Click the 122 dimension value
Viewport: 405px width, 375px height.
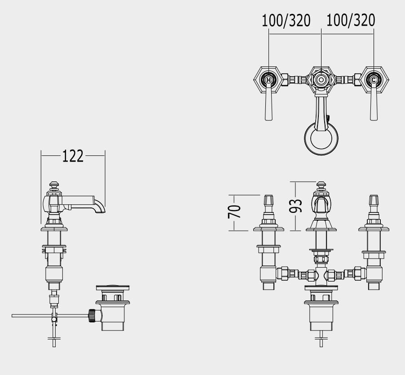[73, 156]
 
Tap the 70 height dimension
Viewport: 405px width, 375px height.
[234, 212]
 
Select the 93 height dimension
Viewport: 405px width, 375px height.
[296, 206]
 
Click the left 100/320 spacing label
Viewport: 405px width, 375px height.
[286, 20]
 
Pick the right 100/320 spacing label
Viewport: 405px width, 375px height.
[351, 20]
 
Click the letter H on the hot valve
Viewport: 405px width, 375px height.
[269, 80]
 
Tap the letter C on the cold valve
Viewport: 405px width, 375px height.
[374, 80]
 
